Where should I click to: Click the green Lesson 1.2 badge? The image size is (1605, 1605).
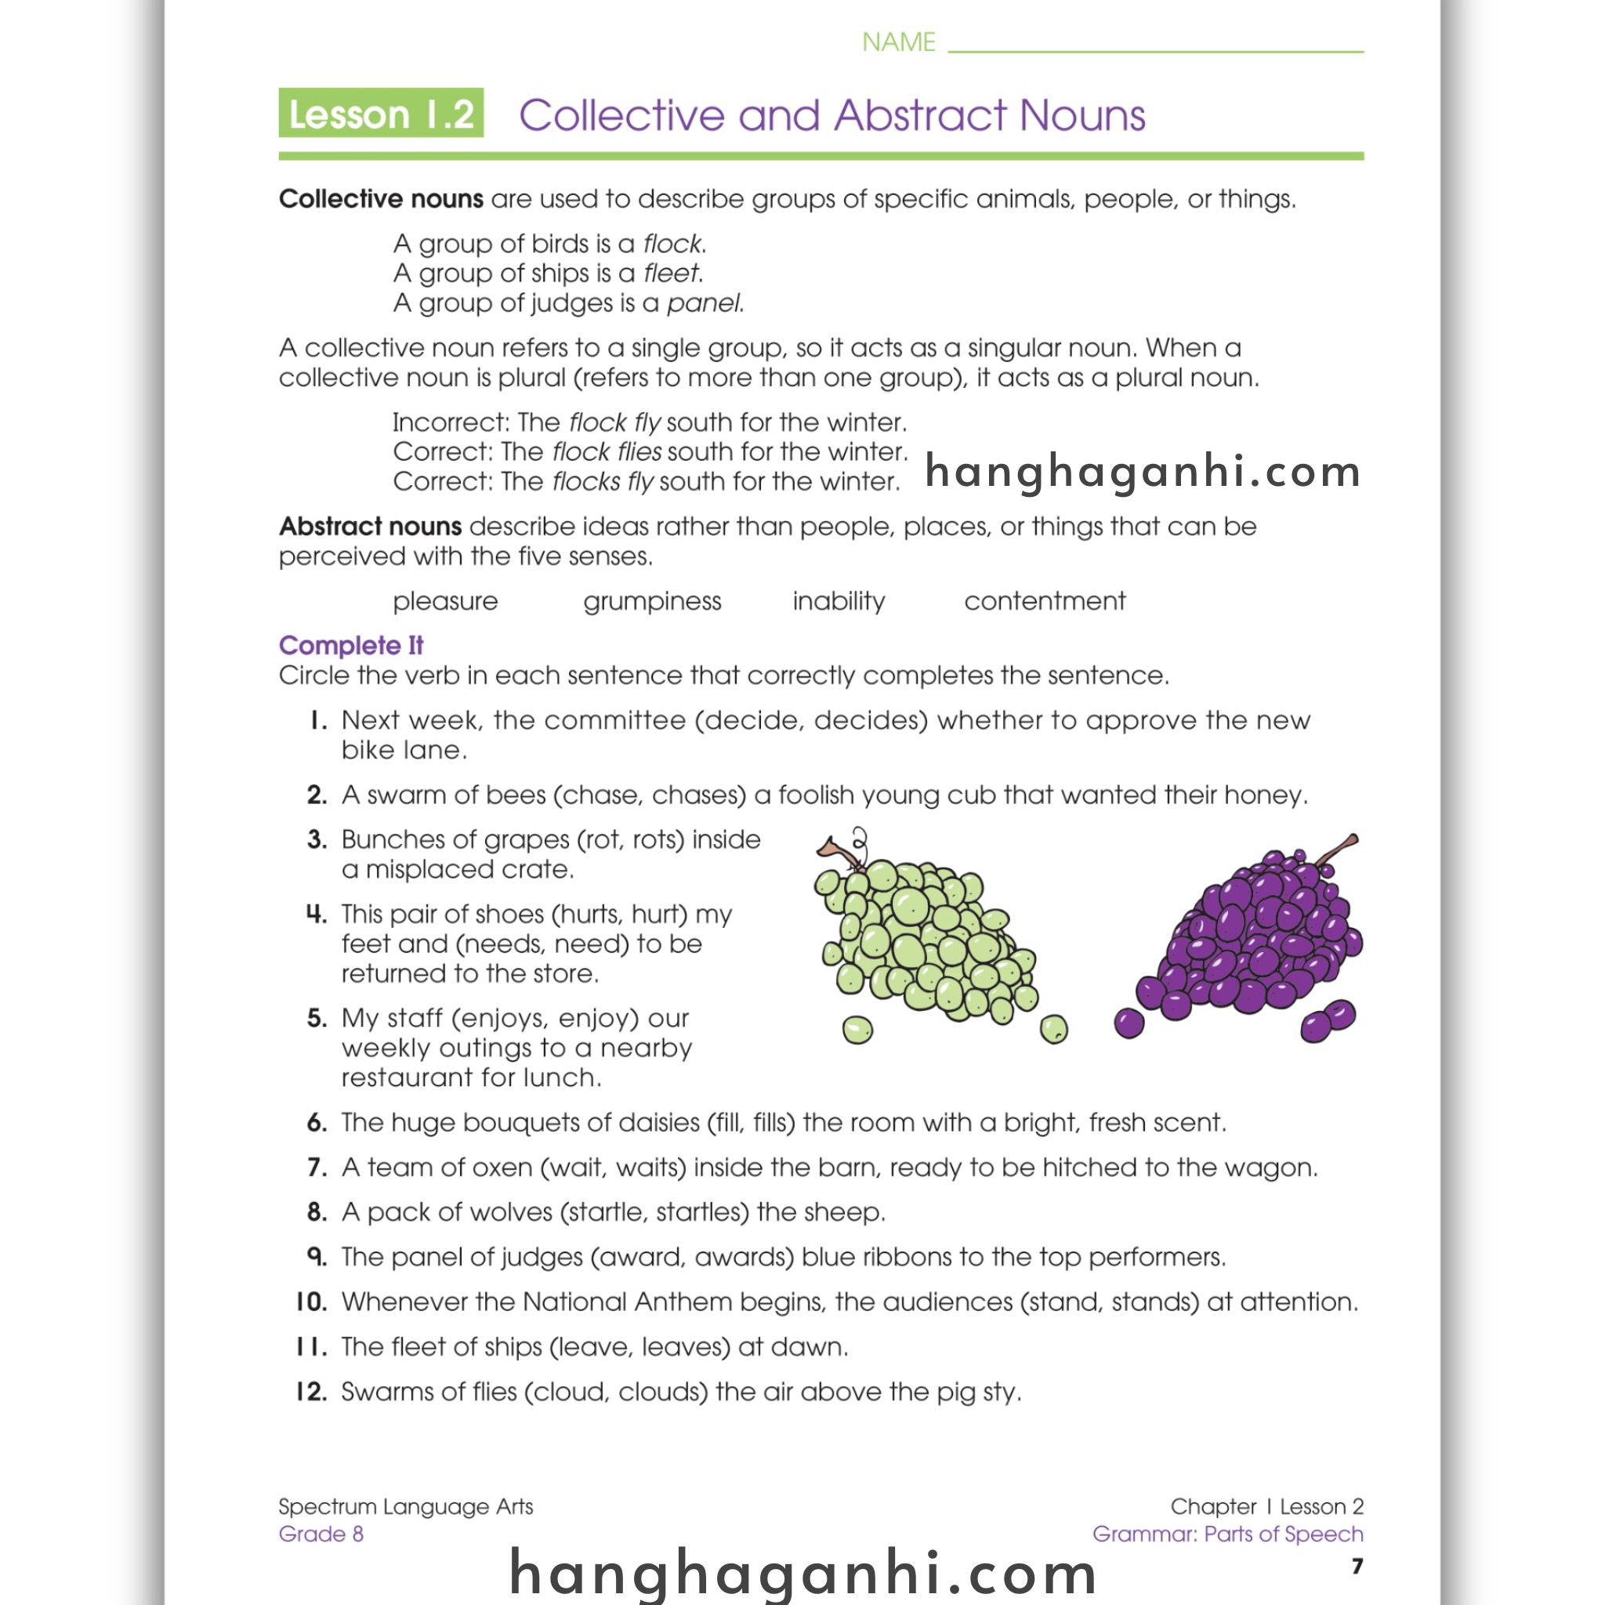(380, 113)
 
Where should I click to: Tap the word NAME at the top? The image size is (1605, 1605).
(898, 42)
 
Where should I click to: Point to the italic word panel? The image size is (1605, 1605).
(704, 303)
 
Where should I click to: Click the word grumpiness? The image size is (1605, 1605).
(652, 600)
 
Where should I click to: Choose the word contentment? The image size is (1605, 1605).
(1044, 600)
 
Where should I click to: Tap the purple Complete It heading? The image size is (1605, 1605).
(350, 646)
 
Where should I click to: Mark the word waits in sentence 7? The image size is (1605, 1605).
(652, 1167)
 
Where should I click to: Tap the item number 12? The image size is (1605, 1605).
(313, 1392)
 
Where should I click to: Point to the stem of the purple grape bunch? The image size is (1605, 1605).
(1335, 850)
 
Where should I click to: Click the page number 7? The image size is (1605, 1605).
(1357, 1566)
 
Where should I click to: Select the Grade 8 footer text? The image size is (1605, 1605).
(321, 1534)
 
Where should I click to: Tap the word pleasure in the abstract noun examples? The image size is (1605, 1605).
(445, 600)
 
